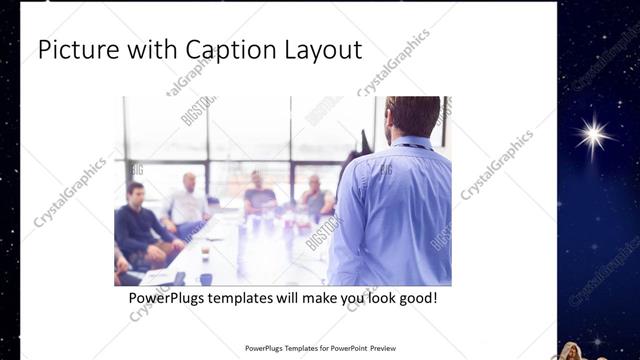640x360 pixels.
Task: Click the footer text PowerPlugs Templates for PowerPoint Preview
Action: (x=320, y=349)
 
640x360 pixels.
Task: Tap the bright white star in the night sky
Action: (x=596, y=136)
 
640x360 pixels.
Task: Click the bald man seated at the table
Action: (x=188, y=200)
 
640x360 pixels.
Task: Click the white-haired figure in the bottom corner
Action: (x=572, y=351)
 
